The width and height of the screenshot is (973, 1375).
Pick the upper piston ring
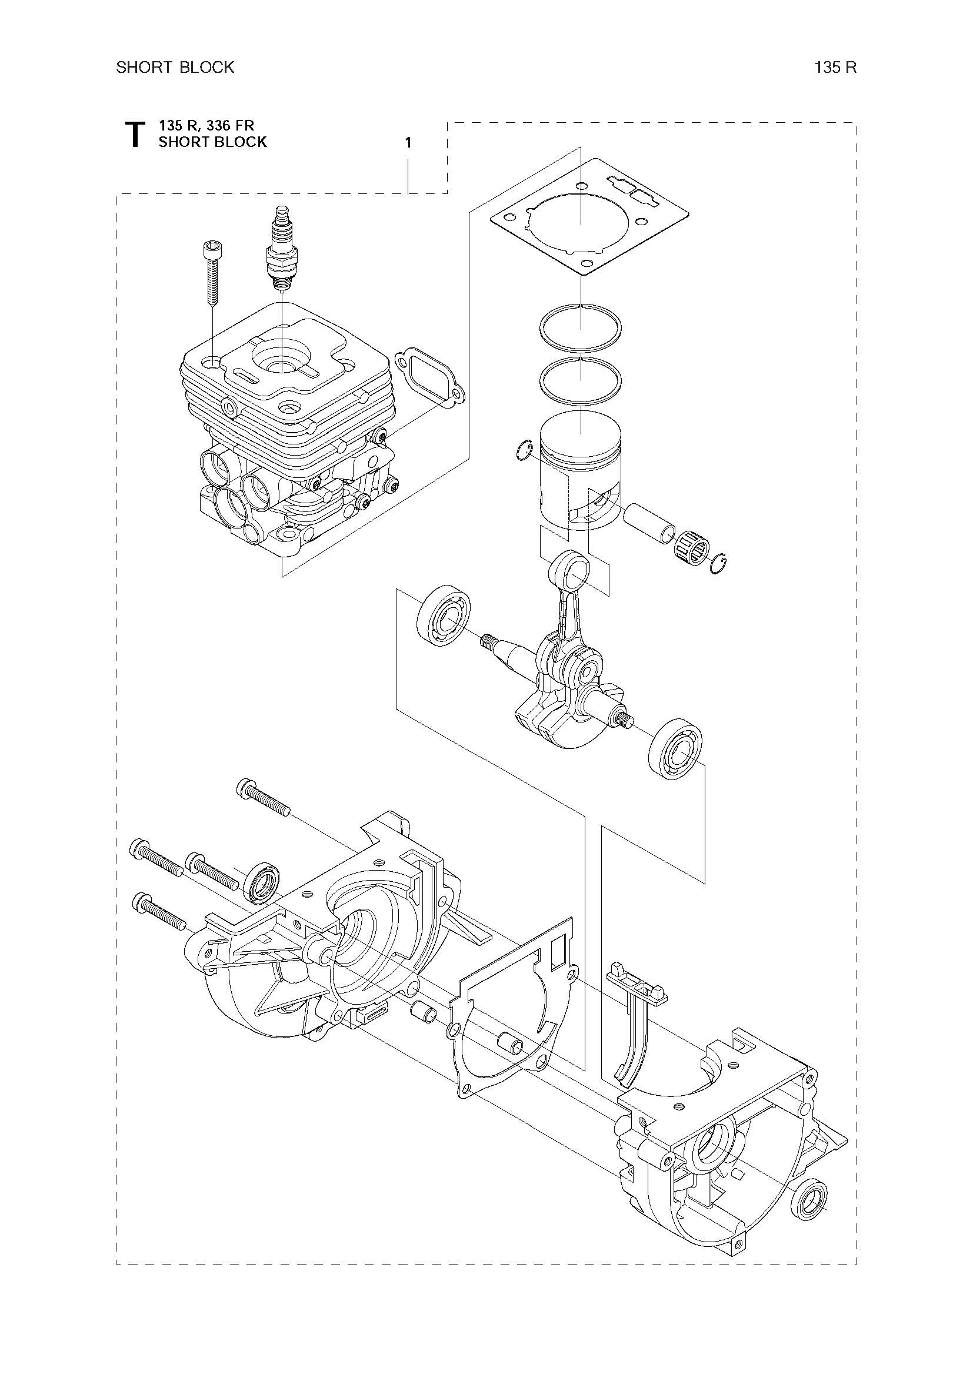point(581,327)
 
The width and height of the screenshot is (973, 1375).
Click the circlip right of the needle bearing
point(718,564)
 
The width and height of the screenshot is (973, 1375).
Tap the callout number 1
point(408,143)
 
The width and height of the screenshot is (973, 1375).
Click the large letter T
point(135,134)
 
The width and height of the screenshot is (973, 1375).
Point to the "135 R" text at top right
point(835,67)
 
